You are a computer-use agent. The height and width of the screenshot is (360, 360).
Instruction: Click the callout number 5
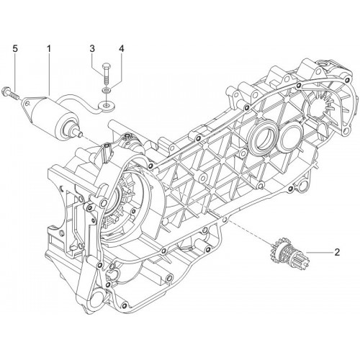[15, 49]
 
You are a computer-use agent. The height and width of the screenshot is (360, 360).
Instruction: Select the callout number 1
[49, 49]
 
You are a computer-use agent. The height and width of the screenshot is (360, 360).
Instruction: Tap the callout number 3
[92, 49]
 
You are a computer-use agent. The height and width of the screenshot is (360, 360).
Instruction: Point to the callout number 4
[122, 49]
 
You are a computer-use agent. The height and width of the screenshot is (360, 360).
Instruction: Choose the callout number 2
[337, 252]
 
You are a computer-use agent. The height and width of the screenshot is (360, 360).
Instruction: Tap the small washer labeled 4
[106, 90]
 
